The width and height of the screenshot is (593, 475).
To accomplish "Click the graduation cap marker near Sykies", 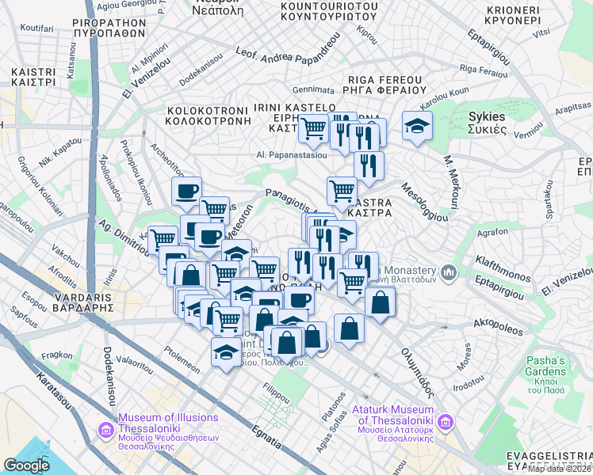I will pyautogui.click(x=417, y=127).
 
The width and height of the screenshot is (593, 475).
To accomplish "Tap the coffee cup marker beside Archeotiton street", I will pyautogui.click(x=187, y=192).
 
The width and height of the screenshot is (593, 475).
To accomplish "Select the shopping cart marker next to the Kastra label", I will pyautogui.click(x=342, y=190).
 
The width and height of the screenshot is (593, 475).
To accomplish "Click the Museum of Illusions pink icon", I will pyautogui.click(x=105, y=430).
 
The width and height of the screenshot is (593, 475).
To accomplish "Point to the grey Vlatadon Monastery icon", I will pyautogui.click(x=449, y=272).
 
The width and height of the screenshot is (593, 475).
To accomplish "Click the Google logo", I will pyautogui.click(x=26, y=465).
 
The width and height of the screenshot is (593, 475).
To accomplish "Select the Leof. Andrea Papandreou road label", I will pyautogui.click(x=285, y=56).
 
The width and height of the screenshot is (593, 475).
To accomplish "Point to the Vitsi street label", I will pyautogui.click(x=541, y=32).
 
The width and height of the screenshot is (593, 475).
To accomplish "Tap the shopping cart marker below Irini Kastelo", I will pyautogui.click(x=314, y=127).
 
